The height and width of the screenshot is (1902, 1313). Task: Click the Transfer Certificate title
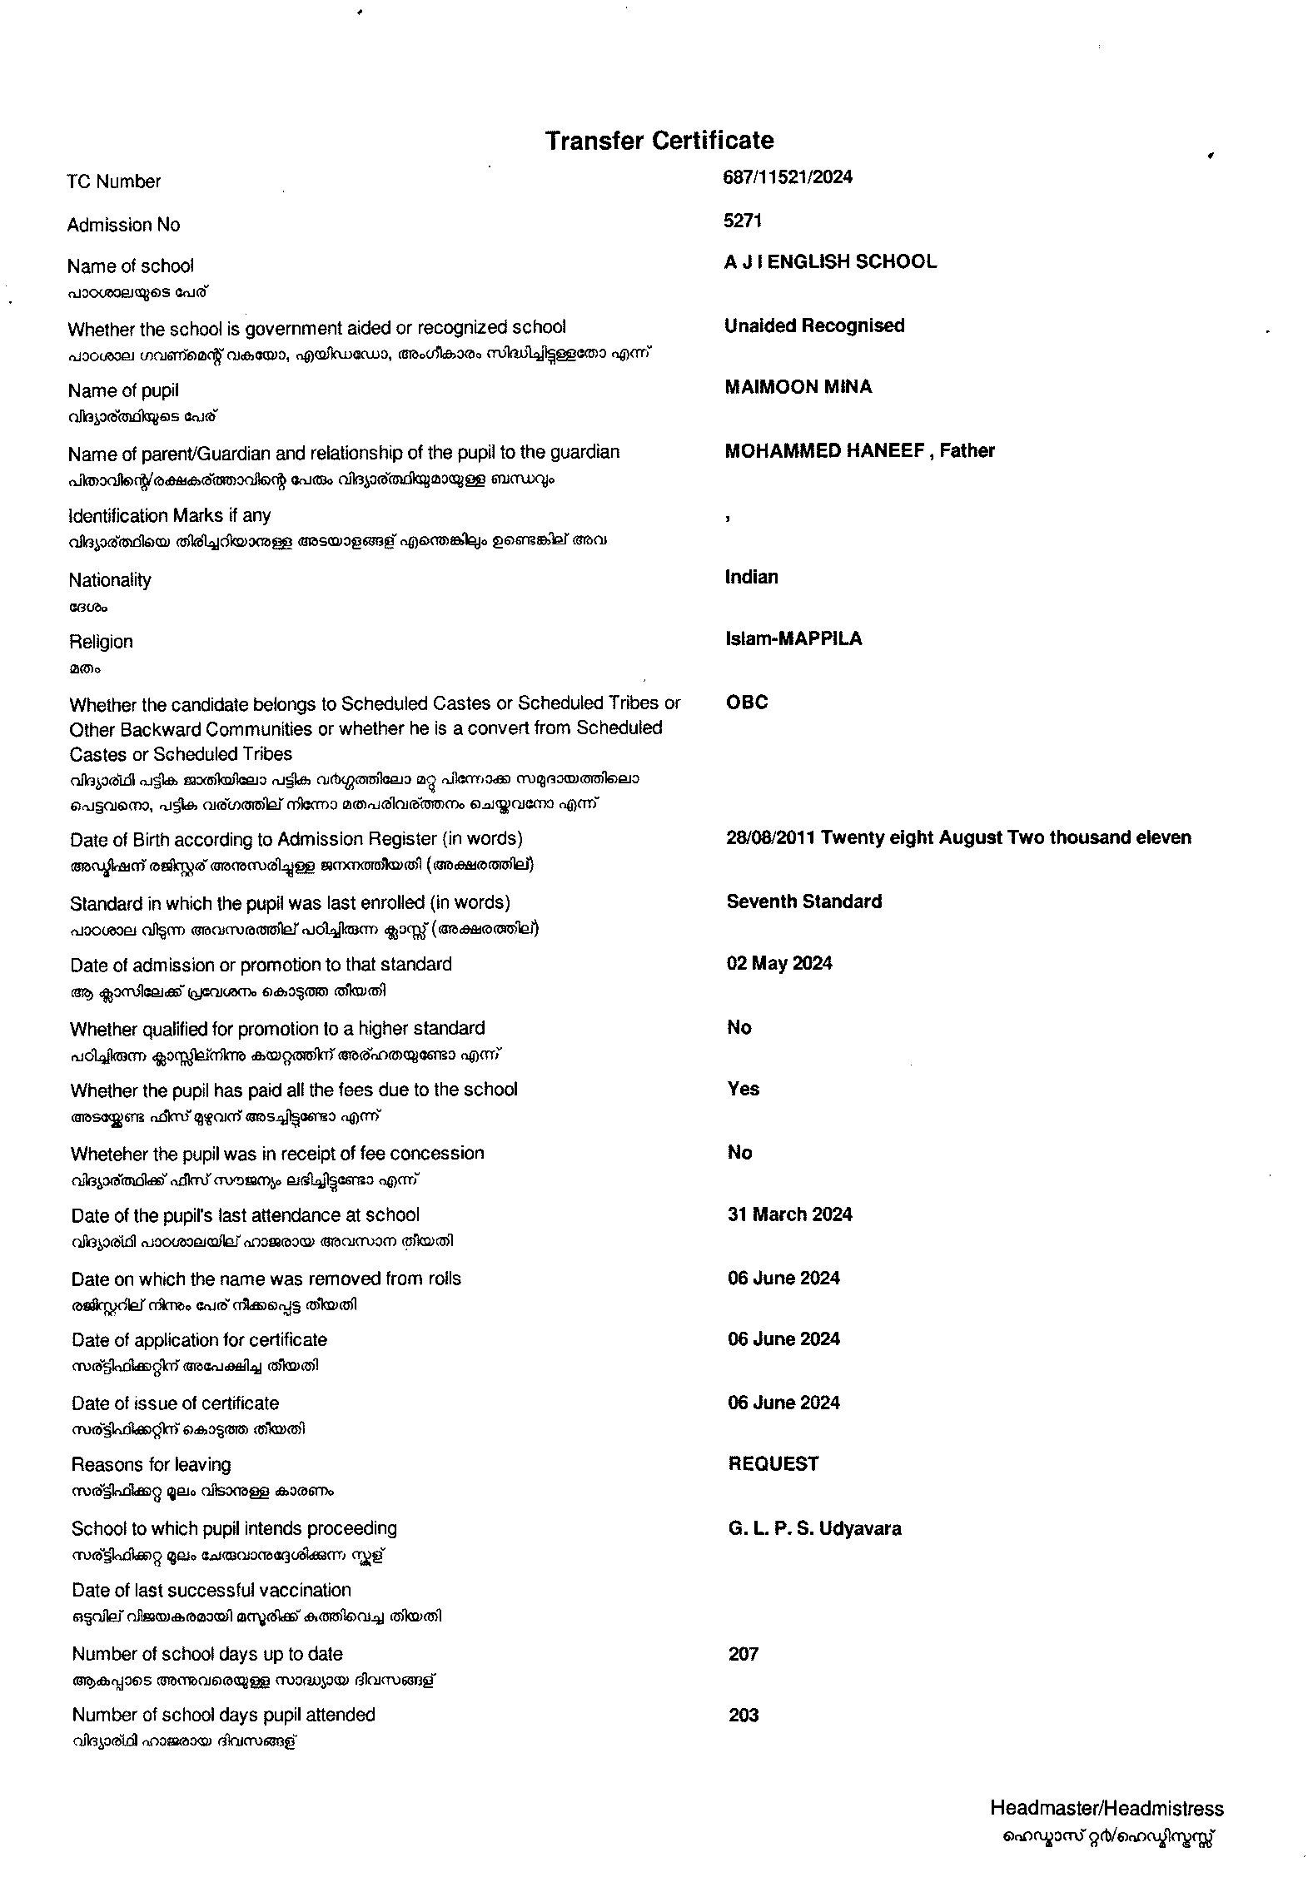(659, 141)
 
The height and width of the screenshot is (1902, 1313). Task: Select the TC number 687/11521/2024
(788, 177)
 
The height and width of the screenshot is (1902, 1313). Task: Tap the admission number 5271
(743, 221)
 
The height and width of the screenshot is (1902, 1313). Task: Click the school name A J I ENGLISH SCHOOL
(830, 262)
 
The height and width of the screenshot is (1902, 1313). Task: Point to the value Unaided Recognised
(814, 326)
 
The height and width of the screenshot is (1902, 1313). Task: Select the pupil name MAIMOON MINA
(798, 387)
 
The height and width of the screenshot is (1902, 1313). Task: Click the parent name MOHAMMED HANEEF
(824, 451)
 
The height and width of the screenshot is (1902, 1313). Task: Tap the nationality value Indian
(751, 578)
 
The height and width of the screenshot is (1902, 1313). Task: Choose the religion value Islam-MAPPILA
(793, 639)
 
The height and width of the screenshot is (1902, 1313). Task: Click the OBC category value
(747, 703)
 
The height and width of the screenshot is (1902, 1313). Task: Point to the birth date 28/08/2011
(771, 838)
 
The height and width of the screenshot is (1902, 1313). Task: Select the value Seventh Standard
(803, 902)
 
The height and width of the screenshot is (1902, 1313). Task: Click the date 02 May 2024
(779, 964)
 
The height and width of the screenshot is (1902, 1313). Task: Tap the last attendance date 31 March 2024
(789, 1215)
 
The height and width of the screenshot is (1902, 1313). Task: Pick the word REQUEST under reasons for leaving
(773, 1464)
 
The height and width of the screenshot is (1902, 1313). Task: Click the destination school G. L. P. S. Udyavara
(814, 1529)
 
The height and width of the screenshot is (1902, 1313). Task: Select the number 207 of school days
(743, 1655)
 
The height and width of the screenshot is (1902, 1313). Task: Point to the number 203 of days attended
(743, 1716)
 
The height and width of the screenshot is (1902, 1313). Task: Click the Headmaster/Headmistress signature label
(1107, 1809)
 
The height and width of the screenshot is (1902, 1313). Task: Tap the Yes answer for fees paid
(743, 1090)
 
